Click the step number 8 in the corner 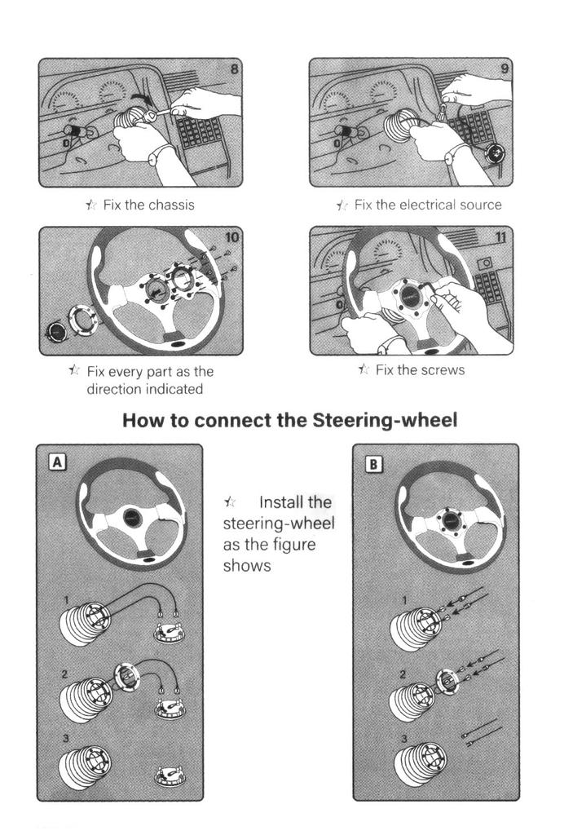(x=235, y=68)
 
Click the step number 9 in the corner (x=505, y=68)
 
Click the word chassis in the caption (x=171, y=205)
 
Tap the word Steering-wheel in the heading (x=385, y=421)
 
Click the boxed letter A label (x=57, y=462)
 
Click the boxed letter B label (x=372, y=463)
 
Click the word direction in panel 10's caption (x=115, y=390)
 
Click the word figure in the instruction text (x=291, y=544)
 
